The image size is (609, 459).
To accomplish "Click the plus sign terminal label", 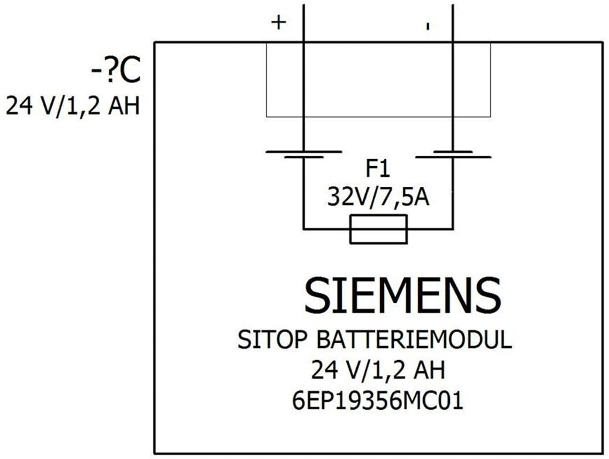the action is (278, 23).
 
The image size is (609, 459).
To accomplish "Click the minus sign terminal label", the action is (428, 26).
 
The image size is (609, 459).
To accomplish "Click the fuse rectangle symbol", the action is (379, 229).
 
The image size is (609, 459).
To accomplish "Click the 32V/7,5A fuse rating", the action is (379, 197).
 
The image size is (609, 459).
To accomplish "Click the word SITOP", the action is (272, 340).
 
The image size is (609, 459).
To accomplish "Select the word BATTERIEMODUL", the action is (414, 340).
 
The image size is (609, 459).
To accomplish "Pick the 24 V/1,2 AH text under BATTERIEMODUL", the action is (378, 370).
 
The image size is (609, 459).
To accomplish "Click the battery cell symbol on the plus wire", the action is (304, 155).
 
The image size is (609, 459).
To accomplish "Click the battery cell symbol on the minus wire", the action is (453, 155).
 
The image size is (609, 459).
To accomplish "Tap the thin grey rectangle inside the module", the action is (379, 117).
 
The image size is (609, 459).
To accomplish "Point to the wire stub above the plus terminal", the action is (304, 23).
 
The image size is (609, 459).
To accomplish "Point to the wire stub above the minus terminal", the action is (453, 23).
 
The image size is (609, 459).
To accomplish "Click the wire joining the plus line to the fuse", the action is (326, 229).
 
